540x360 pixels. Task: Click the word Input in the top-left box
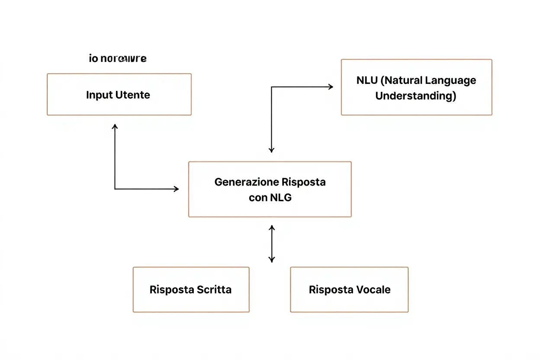[99, 95]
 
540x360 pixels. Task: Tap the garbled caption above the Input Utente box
[118, 58]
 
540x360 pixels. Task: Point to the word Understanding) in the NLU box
[416, 96]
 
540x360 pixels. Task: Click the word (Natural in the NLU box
[401, 80]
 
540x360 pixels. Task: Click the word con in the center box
[258, 198]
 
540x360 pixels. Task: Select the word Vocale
[373, 289]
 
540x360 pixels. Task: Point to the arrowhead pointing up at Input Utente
[115, 126]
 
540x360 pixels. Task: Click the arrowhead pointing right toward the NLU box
[331, 87]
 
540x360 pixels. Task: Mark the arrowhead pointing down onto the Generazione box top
[271, 150]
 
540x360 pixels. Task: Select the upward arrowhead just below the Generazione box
[271, 228]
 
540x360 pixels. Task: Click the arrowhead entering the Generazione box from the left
[176, 189]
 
